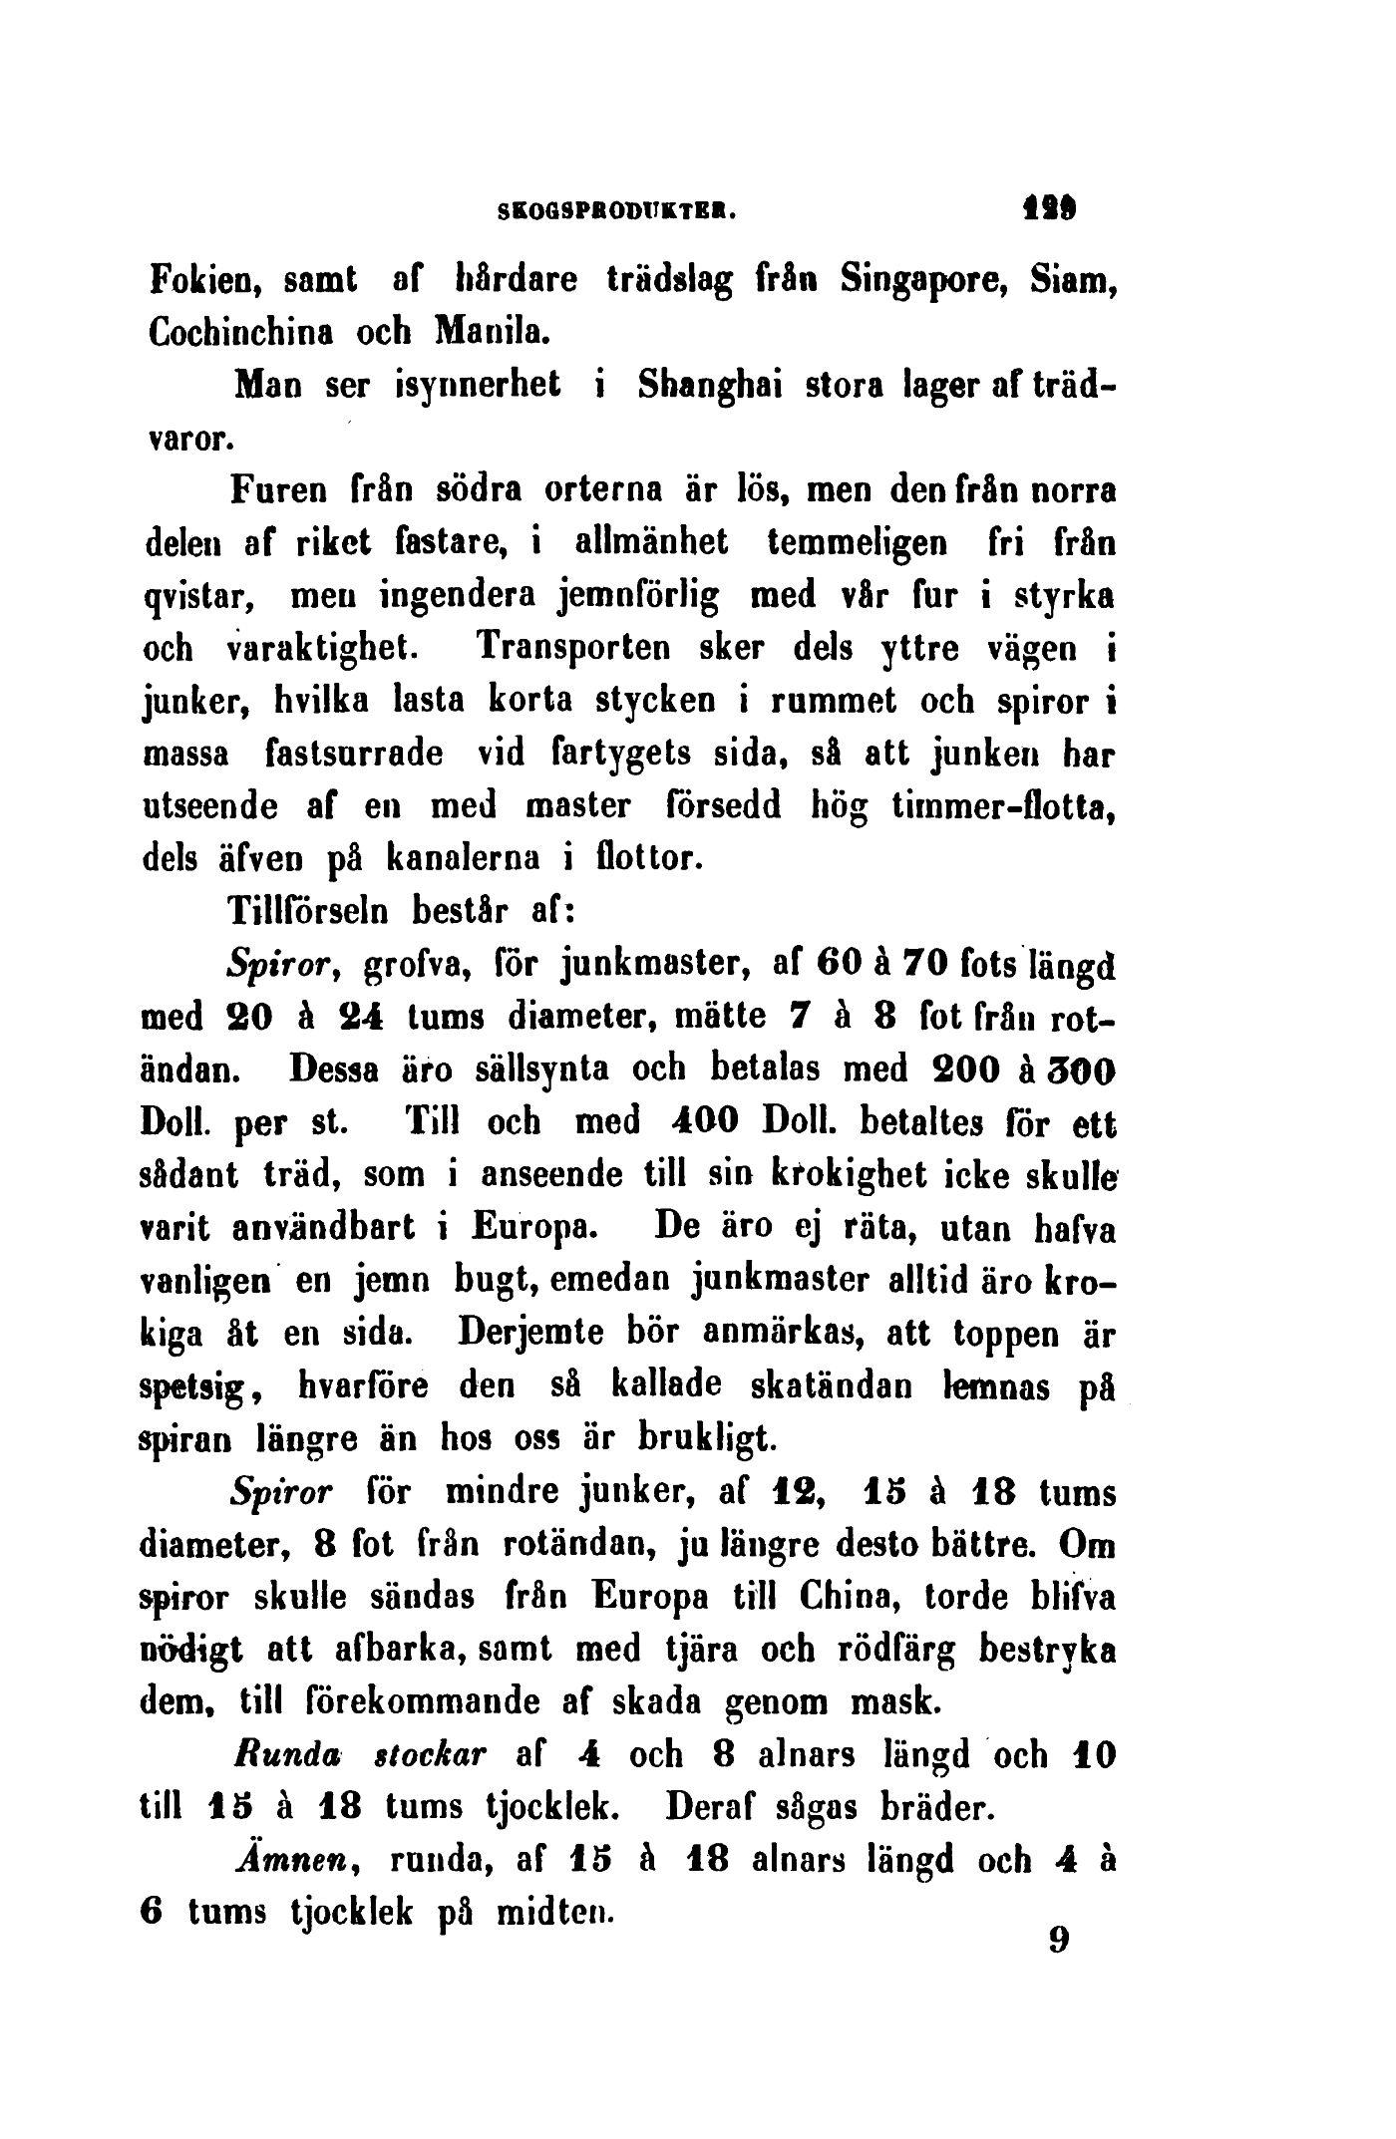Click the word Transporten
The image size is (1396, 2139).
(560, 649)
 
